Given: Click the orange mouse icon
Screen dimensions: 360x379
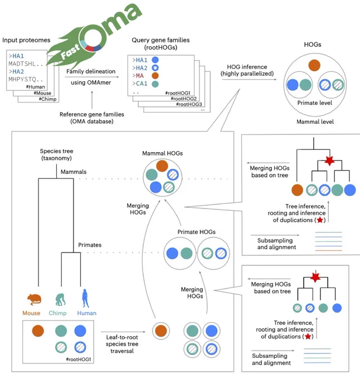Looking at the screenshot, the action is click(x=34, y=300).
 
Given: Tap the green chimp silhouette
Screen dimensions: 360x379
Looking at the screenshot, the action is click(x=60, y=300).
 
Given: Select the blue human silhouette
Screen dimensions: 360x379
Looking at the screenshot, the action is click(x=85, y=298).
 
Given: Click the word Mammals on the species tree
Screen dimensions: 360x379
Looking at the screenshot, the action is click(x=74, y=172).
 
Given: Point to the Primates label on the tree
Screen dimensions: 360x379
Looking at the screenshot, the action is click(x=90, y=245).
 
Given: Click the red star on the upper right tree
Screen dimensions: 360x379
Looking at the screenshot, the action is click(x=329, y=161).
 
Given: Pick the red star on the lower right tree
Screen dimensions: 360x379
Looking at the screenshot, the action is click(x=315, y=277).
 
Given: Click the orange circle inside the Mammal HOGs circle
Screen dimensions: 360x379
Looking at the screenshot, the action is click(x=162, y=166).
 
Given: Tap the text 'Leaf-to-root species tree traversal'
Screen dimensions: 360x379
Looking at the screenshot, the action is click(x=122, y=344).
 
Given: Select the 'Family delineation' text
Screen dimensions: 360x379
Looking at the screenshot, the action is click(x=91, y=71).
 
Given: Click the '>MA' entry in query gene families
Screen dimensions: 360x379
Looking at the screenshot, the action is click(x=138, y=76).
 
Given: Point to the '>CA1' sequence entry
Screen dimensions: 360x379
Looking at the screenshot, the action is click(x=140, y=84).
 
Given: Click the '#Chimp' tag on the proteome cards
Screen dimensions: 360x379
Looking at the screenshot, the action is click(x=47, y=99).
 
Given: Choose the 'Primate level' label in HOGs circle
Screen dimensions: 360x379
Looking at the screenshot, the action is click(x=314, y=103).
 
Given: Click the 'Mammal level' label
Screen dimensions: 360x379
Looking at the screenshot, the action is click(x=315, y=122).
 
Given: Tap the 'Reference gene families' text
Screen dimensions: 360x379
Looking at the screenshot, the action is click(x=92, y=114).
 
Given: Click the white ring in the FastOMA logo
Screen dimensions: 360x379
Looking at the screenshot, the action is click(x=93, y=38).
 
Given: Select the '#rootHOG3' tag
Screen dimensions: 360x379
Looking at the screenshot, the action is click(x=189, y=104).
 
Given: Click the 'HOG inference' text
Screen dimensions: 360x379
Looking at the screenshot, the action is click(x=247, y=67).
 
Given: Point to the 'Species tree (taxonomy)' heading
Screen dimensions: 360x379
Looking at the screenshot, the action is click(x=56, y=155).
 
